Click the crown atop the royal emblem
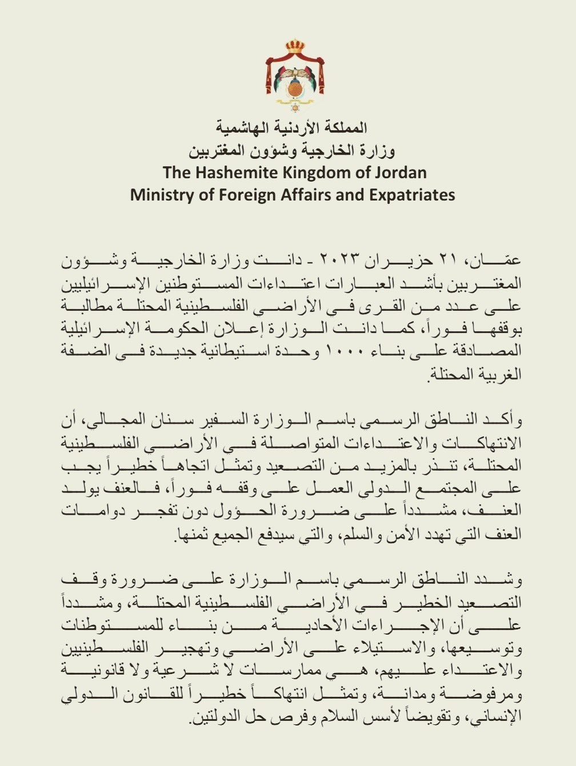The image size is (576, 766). coord(295,46)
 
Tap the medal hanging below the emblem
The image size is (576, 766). coord(295,107)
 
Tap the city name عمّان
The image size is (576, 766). coord(500,259)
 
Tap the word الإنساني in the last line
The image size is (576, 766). coord(498,716)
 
